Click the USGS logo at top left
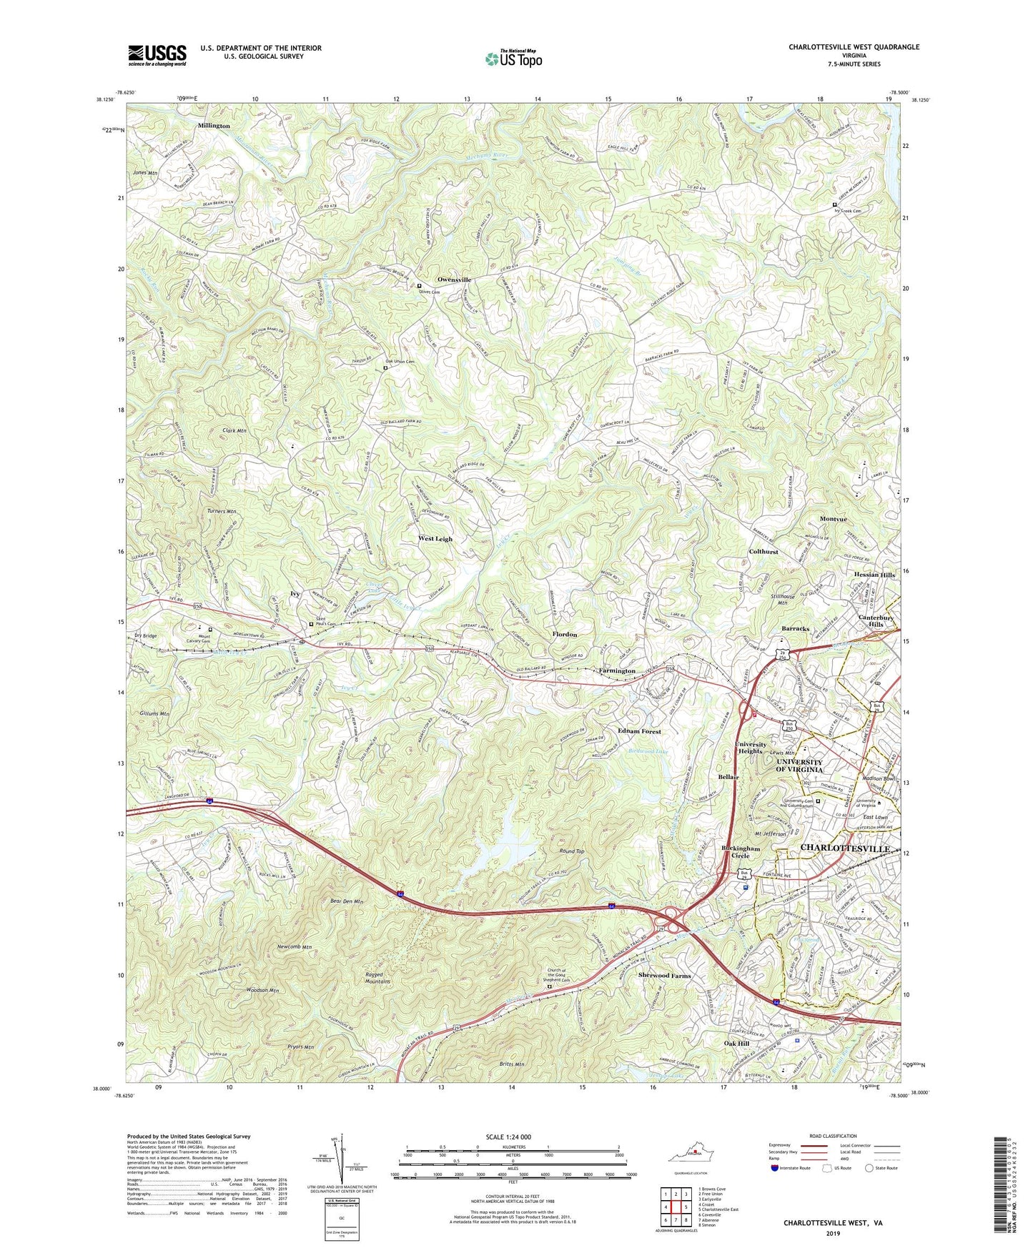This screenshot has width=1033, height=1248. (157, 54)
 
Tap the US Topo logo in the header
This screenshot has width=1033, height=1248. (513, 59)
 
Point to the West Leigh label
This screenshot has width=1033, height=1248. (435, 539)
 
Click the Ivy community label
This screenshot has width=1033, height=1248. (295, 593)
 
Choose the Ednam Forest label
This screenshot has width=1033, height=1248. (639, 732)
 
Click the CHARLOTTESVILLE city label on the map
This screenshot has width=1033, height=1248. (846, 848)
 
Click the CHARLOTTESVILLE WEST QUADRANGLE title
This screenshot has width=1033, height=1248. (854, 47)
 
